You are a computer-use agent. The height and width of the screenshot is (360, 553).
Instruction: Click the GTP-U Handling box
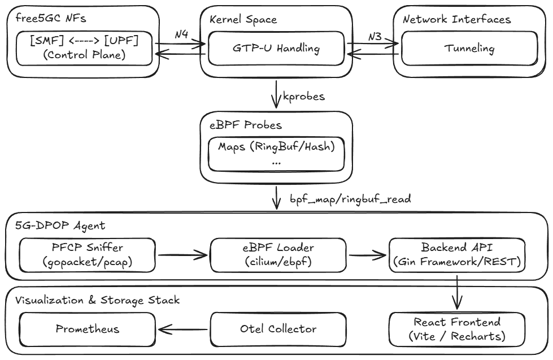tap(276, 49)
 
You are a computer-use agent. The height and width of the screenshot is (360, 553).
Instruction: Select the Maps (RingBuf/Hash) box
tap(276, 154)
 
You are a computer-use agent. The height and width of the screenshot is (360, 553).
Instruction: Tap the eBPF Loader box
tap(276, 255)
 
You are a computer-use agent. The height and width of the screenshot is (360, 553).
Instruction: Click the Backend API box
tap(457, 255)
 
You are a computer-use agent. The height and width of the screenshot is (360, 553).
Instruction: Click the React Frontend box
tap(457, 329)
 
